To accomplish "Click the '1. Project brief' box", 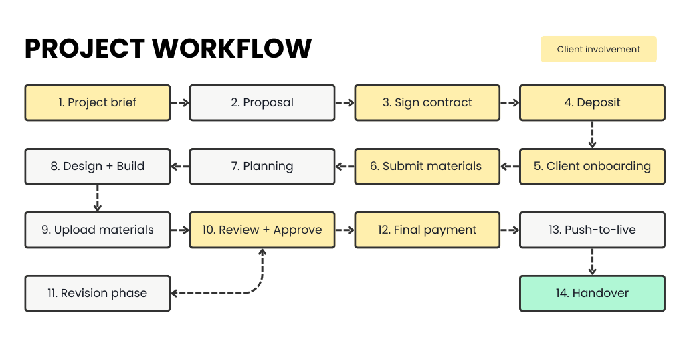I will pos(97,102).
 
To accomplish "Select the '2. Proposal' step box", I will pos(262,102).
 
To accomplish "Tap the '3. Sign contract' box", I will pos(427,102).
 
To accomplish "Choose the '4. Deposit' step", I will pos(592,102).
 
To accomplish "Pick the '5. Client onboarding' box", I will pos(592,167).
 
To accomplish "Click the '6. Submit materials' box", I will pos(427,167).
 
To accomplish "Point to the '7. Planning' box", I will pos(262,167).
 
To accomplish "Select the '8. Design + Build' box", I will pos(97,167).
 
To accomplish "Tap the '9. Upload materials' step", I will pos(97,230).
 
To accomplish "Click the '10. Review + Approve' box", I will pos(262,230).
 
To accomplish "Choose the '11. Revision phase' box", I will pos(97,293).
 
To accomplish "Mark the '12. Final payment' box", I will pos(427,230).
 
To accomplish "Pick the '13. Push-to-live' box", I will pos(592,230).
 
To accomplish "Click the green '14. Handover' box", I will pos(592,293).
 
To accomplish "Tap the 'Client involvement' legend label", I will pos(598,49).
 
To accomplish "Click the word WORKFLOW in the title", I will pos(232,48).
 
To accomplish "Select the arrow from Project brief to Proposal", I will pos(179,103).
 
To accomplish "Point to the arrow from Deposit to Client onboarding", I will pos(592,137).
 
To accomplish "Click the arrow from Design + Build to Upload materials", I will pos(98,199).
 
